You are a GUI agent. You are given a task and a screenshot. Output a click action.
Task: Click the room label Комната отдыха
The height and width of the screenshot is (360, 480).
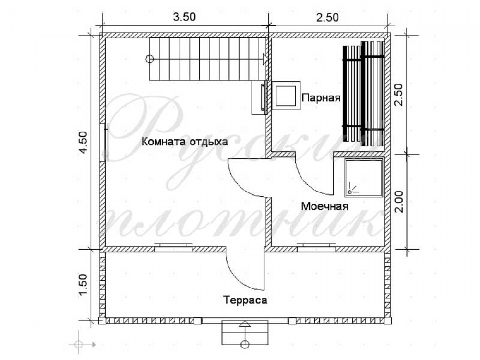click(185, 142)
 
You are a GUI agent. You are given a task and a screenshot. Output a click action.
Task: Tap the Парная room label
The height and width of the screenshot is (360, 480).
click(321, 98)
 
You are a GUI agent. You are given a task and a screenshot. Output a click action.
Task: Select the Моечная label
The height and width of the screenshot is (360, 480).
click(325, 206)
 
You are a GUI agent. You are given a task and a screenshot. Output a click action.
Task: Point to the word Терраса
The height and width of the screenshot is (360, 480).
click(245, 300)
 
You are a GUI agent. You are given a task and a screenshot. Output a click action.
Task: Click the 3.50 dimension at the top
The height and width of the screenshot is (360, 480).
click(184, 17)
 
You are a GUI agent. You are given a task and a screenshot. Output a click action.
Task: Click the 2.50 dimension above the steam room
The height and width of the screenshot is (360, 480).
click(327, 17)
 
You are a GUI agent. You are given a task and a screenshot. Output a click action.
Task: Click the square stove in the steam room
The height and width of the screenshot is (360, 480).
click(286, 96)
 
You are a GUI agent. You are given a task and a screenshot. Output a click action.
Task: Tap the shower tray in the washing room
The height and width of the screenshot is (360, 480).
click(364, 178)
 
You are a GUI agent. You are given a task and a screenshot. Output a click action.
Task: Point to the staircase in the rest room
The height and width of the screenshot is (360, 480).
click(207, 59)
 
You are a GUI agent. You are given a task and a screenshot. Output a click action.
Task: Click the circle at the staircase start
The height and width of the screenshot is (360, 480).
click(149, 59)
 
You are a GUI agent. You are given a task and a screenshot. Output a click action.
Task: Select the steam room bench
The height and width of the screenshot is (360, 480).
click(363, 94)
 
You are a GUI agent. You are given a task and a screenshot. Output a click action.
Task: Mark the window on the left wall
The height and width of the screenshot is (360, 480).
click(104, 142)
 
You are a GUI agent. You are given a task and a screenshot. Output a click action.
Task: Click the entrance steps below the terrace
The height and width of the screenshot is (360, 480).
click(245, 332)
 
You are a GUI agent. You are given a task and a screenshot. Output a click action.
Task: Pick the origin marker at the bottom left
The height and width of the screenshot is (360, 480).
click(79, 344)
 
